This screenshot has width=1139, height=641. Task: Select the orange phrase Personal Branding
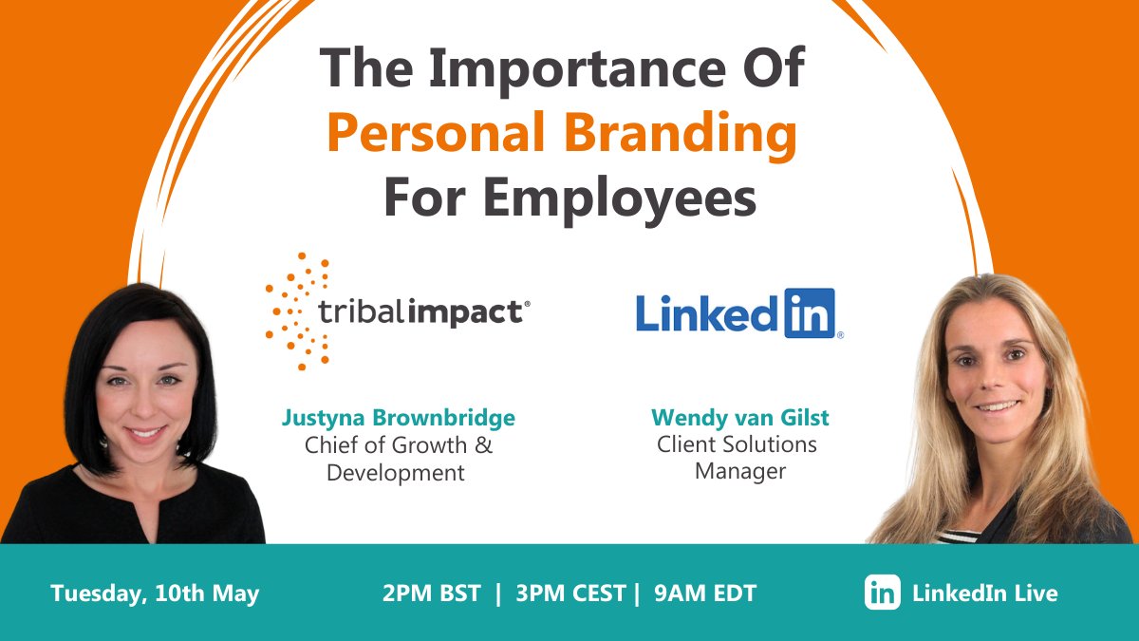(x=562, y=136)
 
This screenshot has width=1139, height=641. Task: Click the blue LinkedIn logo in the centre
(x=738, y=314)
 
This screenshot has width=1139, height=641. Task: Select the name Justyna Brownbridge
(x=398, y=418)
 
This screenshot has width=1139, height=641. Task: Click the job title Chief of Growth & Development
(x=398, y=459)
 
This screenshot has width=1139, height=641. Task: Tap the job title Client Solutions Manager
(x=738, y=457)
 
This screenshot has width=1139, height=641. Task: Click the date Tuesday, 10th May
(x=155, y=594)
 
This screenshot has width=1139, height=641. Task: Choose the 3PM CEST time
(x=570, y=594)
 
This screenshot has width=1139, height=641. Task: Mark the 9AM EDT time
(x=704, y=594)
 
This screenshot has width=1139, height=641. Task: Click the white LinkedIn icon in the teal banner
(x=883, y=593)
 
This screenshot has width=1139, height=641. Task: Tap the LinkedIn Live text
(x=984, y=594)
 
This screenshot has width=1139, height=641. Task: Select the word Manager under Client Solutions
(x=740, y=470)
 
